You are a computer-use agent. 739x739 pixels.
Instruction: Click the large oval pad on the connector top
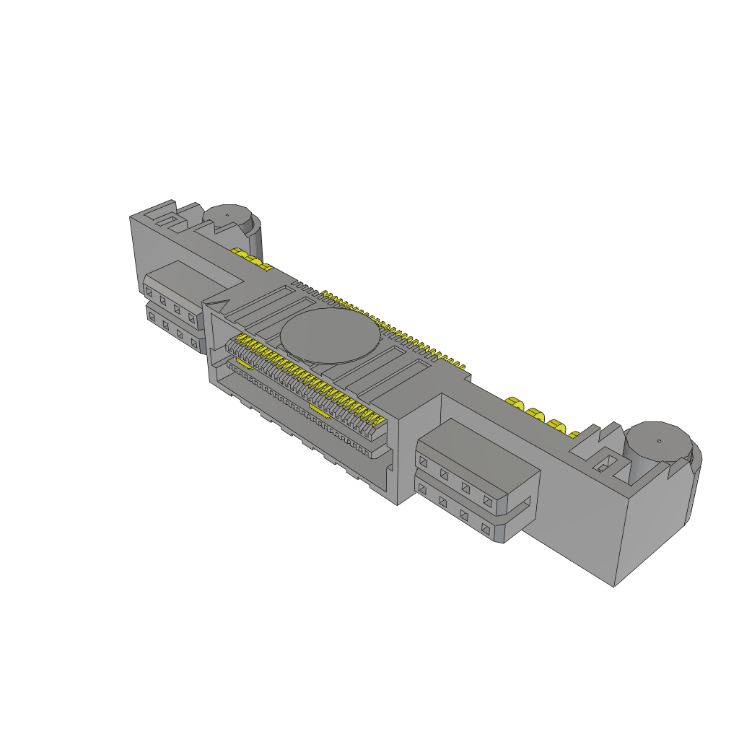(329, 336)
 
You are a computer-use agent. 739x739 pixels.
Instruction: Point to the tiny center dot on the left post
(226, 214)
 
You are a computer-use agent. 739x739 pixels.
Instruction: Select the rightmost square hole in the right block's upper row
(487, 500)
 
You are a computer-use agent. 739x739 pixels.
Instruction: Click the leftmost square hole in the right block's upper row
(424, 460)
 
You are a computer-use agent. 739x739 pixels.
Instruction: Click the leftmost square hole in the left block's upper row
(149, 292)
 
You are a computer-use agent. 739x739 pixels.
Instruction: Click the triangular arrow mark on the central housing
(219, 304)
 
